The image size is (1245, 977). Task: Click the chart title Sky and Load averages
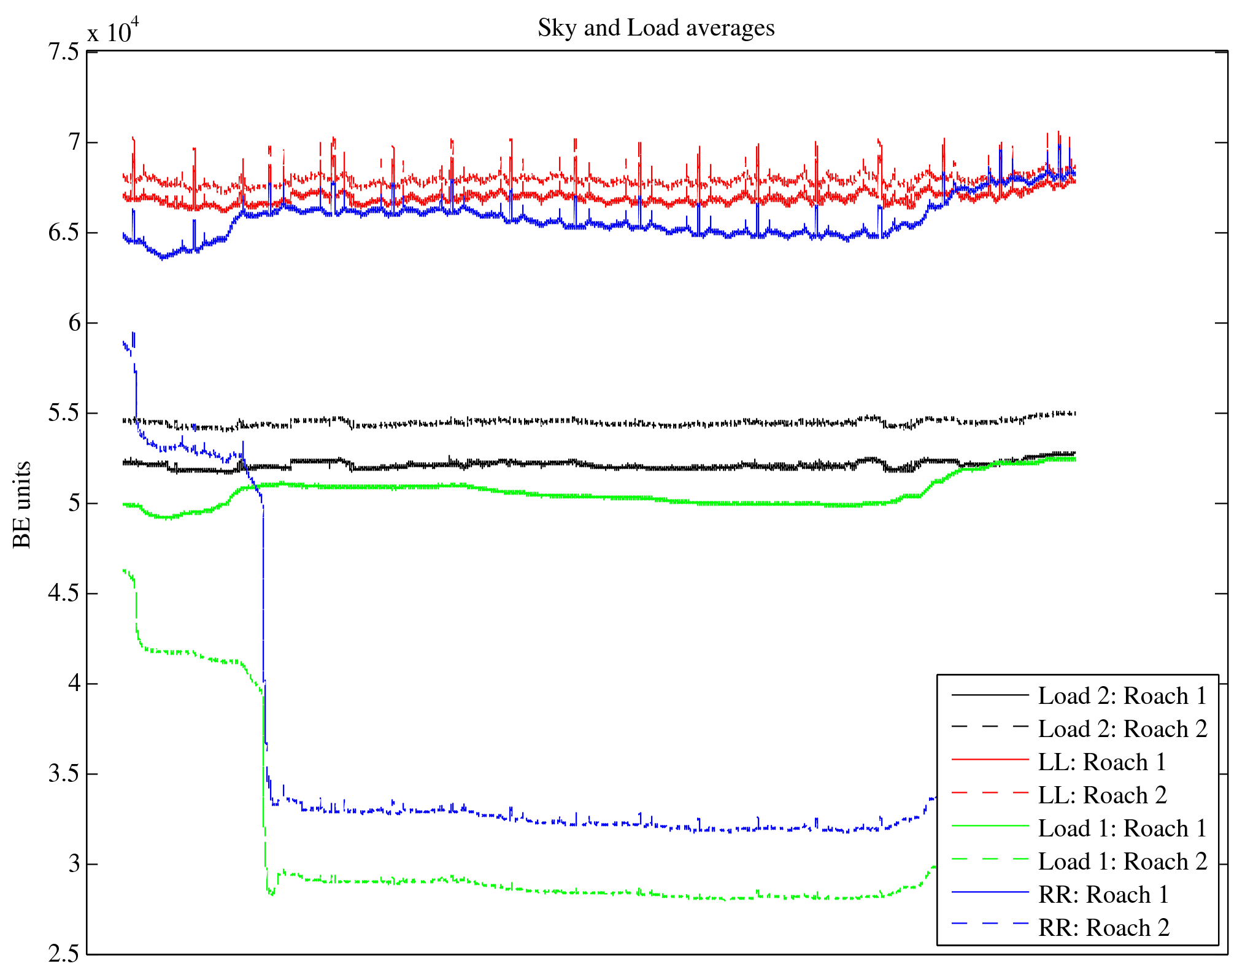coord(656,28)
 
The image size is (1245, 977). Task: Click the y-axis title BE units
coord(22,504)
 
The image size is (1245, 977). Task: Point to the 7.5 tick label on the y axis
coord(64,52)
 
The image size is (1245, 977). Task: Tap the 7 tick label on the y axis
coord(74,142)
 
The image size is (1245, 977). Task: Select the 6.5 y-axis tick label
coord(64,233)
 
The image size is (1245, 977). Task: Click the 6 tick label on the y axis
coord(74,323)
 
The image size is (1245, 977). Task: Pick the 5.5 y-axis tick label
coord(64,414)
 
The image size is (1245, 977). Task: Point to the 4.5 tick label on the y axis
coord(64,594)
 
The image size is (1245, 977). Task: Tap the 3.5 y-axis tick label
coord(64,774)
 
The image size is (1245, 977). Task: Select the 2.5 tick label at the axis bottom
coord(64,954)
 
